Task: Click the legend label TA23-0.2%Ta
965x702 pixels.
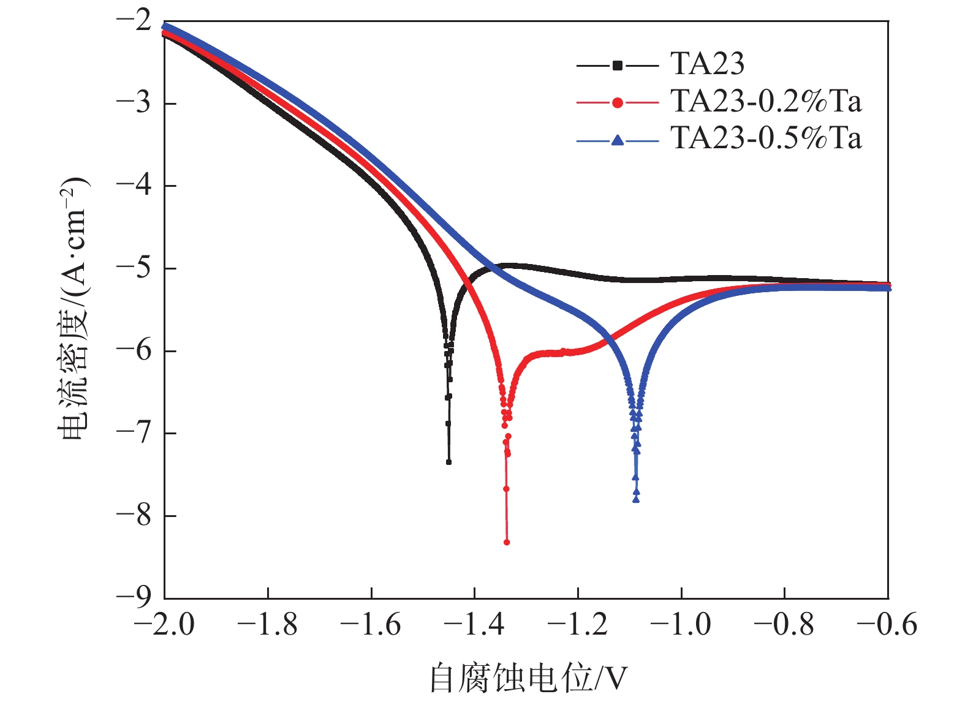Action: (766, 101)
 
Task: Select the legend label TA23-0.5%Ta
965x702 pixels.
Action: (766, 138)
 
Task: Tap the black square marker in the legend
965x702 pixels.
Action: (618, 65)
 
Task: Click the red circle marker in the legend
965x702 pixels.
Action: (618, 103)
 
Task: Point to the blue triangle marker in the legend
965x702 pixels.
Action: (618, 140)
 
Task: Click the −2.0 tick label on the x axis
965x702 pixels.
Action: (164, 625)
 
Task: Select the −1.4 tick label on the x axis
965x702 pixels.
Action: (474, 625)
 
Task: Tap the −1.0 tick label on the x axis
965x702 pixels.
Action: (681, 625)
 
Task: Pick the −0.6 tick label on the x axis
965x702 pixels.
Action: (887, 625)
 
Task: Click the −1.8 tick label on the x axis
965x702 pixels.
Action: (267, 625)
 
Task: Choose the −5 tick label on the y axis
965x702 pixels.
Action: (134, 268)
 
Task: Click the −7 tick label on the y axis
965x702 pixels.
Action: (134, 432)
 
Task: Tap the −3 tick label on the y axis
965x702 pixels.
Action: (134, 103)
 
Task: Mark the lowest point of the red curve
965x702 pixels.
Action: (507, 542)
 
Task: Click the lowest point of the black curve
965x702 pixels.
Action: (448, 462)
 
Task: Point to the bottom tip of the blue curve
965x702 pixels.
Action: (636, 500)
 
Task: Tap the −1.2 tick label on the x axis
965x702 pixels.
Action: (577, 625)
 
